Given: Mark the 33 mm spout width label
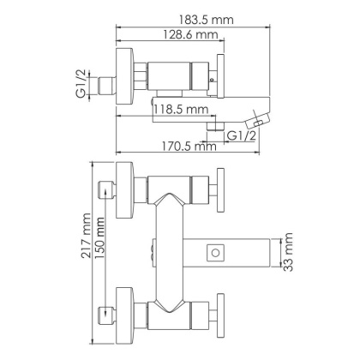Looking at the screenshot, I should (x=289, y=252).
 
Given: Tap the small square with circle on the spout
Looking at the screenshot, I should (x=215, y=252).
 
